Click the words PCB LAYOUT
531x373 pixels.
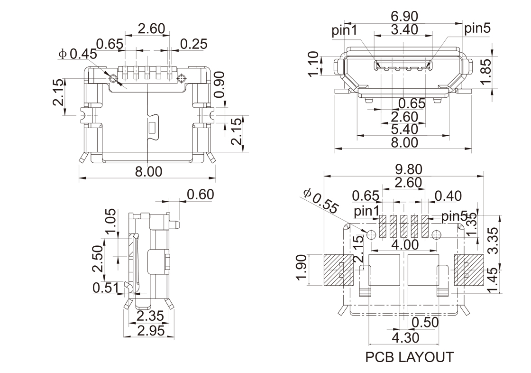point(410,357)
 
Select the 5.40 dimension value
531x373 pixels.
point(404,129)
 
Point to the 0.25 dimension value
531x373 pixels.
point(194,44)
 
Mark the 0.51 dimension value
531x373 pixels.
point(105,288)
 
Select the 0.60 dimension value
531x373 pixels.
point(201,195)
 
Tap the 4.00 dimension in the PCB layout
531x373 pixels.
point(406,245)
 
